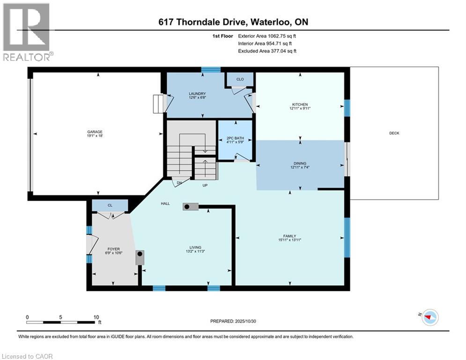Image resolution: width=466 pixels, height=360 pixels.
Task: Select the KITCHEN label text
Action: coord(300,104)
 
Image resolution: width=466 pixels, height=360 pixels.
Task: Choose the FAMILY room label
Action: coord(289,236)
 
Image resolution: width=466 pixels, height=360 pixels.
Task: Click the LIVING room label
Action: coord(195,247)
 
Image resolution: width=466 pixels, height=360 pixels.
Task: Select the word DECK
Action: coord(394,133)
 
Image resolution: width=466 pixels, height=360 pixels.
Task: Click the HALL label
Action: coord(165,203)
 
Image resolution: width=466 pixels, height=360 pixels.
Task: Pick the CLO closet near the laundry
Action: coord(240,79)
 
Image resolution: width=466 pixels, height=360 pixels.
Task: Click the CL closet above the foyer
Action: coord(110,205)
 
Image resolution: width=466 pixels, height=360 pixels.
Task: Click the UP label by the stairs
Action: coord(204,185)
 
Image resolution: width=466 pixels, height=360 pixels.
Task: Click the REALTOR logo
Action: coord(27,32)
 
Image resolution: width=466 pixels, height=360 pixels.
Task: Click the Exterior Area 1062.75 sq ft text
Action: coord(267,36)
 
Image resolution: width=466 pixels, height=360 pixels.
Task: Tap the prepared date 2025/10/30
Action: coord(251,321)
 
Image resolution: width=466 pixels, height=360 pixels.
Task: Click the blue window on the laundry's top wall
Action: coord(211,69)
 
